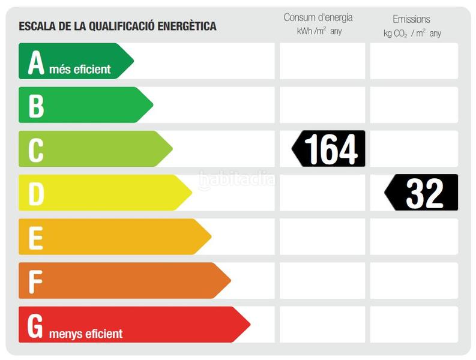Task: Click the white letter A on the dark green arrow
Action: pyautogui.click(x=36, y=62)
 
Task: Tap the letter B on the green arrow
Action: pyautogui.click(x=36, y=106)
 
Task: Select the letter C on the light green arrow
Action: pyautogui.click(x=36, y=149)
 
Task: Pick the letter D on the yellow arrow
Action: pyautogui.click(x=36, y=194)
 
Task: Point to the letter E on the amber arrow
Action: pyautogui.click(x=36, y=238)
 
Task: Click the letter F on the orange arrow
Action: pyautogui.click(x=36, y=281)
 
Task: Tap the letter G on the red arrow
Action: pyautogui.click(x=35, y=325)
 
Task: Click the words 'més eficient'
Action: pyautogui.click(x=80, y=70)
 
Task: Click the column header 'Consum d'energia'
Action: pyautogui.click(x=318, y=17)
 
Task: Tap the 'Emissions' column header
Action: pyautogui.click(x=411, y=19)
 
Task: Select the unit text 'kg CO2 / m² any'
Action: pyautogui.click(x=412, y=33)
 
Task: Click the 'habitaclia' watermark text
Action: pyautogui.click(x=237, y=179)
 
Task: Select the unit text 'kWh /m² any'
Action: pyautogui.click(x=319, y=31)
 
